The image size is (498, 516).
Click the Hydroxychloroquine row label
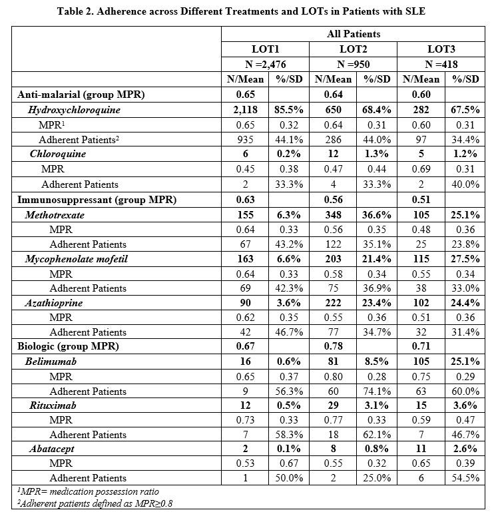click(x=74, y=110)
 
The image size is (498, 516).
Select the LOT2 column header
click(x=353, y=49)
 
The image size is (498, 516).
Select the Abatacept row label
click(x=52, y=449)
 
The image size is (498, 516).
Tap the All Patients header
click(x=353, y=33)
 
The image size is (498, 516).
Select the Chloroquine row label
click(x=58, y=154)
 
